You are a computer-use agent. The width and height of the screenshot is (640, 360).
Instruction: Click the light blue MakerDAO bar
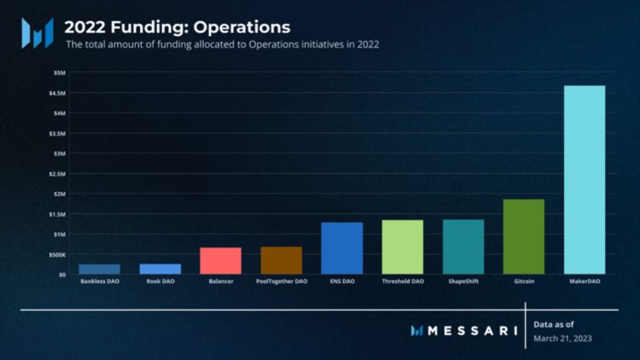pos(585,180)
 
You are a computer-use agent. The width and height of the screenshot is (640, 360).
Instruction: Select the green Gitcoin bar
pos(524,236)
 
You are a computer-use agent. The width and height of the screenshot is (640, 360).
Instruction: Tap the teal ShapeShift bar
pos(463,247)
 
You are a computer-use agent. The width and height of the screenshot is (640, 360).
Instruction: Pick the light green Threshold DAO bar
pos(403,247)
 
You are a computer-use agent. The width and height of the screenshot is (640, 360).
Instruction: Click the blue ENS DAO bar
pos(342,248)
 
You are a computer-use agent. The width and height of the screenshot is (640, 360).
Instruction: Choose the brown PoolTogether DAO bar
pos(282,260)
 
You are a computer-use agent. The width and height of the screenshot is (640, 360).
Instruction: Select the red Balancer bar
pos(220,260)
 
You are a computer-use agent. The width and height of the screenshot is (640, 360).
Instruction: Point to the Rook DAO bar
pos(160,269)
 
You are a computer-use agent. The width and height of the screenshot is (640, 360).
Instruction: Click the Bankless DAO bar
pos(100,269)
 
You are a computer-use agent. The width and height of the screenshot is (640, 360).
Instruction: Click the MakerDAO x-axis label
pos(585,281)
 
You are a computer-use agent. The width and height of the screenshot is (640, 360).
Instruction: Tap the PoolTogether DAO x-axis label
pos(282,281)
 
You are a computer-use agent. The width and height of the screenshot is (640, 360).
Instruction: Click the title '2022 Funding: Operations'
pos(177,27)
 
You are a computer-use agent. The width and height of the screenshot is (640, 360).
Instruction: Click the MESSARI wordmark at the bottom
pos(469,329)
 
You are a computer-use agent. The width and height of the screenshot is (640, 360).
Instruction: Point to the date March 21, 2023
pos(562,339)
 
